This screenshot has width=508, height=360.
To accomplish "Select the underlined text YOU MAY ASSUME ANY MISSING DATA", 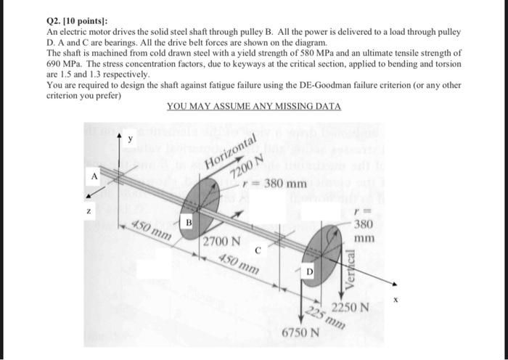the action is (253, 106).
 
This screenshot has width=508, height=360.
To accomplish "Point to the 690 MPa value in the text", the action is (62, 64).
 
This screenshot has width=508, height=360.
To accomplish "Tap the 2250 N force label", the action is (351, 307).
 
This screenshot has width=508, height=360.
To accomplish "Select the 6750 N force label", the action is (300, 333).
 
